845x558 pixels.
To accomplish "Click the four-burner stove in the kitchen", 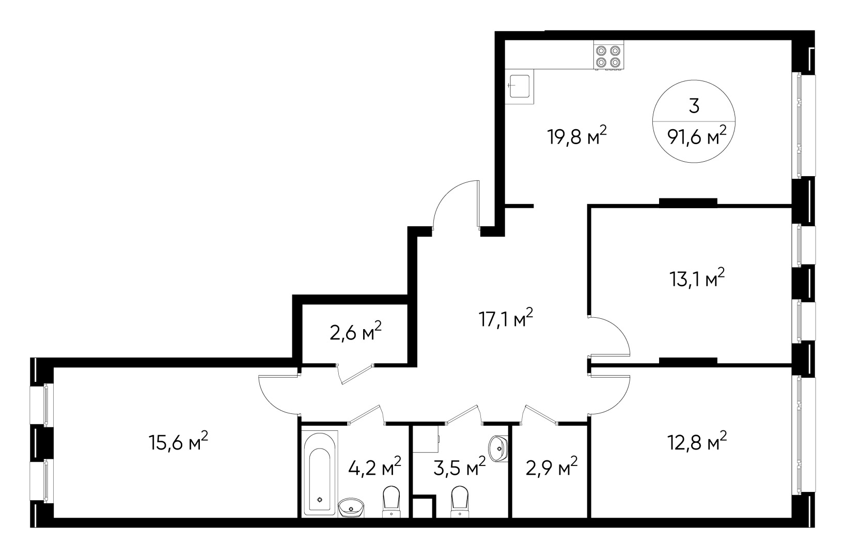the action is coord(608,55).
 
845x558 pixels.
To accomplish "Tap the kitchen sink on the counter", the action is coord(520,86).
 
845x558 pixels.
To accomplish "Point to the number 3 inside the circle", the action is coord(694,106).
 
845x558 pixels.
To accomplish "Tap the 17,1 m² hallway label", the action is coord(506,318).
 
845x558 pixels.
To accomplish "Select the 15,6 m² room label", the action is coord(178,441).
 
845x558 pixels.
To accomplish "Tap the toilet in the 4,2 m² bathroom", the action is coord(391,501).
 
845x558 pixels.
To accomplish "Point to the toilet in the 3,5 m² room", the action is coord(460,501).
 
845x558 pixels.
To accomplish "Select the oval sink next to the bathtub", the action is coord(351,507).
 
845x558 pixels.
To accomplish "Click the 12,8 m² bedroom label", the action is coord(697,441).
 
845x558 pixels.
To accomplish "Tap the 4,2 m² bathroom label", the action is coord(374,468).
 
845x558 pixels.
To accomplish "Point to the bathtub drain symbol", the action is coord(320,500).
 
